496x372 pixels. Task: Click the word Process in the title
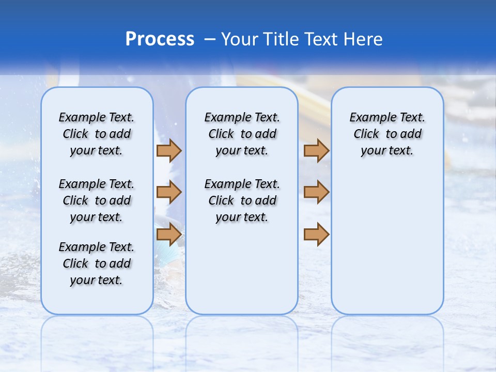[x=160, y=39]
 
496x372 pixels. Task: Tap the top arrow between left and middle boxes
[x=169, y=151]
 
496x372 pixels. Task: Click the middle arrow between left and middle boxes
[x=169, y=192]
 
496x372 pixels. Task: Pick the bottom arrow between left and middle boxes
[x=169, y=235]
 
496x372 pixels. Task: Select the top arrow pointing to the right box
[x=316, y=151]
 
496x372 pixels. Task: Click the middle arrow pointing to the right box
[x=316, y=192]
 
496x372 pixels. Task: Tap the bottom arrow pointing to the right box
[x=316, y=235]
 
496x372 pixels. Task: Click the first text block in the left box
[x=97, y=134]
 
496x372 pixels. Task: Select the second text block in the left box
[x=97, y=200]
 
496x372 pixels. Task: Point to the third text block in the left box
[x=97, y=263]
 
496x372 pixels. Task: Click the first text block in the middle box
[x=242, y=134]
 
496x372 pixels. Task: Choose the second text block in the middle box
[x=242, y=200]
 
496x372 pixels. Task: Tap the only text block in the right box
[x=387, y=134]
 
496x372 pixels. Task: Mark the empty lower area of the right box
[x=387, y=243]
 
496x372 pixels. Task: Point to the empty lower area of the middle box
[x=242, y=269]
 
